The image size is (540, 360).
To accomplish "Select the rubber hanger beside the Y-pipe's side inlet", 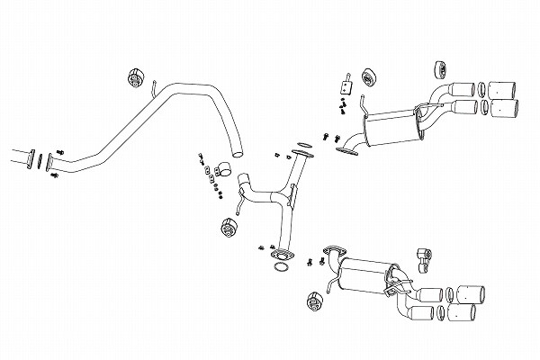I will pos(228,228).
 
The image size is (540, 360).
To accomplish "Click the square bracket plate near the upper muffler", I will pos(343,87).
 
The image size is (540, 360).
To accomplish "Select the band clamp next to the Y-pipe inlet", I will pos(223,168).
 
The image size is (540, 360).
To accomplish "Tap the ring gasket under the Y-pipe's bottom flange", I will pos(282,265).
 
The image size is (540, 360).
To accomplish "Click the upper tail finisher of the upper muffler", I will pos(501,90).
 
